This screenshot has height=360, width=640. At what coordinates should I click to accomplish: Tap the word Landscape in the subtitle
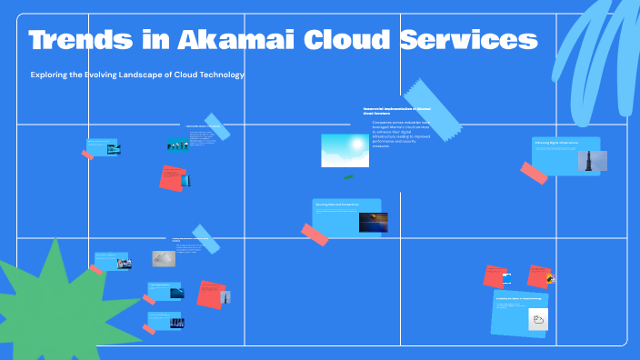coord(154,75)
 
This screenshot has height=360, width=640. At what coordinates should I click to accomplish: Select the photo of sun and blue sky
coord(345,150)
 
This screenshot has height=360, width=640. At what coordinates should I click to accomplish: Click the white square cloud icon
coord(538,319)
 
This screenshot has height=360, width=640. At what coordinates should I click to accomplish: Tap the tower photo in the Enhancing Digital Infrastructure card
coord(592,160)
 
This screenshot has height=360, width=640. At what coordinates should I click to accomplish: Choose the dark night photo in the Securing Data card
coord(373,222)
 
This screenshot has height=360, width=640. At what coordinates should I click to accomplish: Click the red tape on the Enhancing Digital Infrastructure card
coord(534,173)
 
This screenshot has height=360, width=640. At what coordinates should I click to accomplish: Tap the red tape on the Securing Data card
coord(315,235)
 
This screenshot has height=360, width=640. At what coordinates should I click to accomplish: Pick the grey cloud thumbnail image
coord(163,258)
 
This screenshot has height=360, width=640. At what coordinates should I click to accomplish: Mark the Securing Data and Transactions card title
coord(336,205)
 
